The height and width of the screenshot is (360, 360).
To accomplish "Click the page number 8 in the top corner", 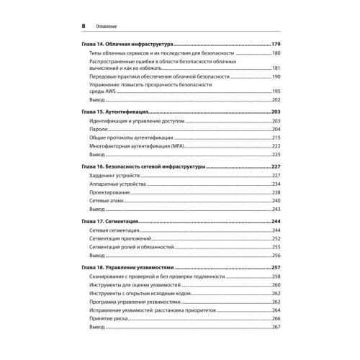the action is click(84, 26).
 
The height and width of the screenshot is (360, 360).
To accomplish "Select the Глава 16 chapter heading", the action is click(140, 166).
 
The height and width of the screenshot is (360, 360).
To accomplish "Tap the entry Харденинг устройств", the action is click(114, 176).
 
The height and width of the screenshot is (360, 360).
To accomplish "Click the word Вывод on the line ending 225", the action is click(96, 154).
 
